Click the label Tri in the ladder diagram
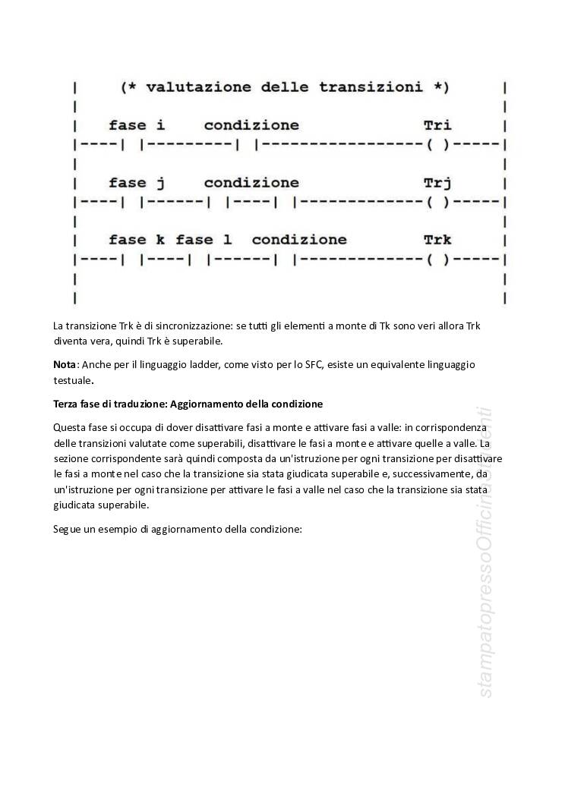point(437,125)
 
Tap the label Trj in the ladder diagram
point(437,183)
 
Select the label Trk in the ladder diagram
point(437,240)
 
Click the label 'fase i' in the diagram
point(137,125)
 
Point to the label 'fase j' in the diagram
point(137,183)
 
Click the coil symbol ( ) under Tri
point(438,144)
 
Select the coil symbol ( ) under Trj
point(438,202)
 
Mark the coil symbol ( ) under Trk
point(438,260)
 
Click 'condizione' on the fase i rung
point(251,125)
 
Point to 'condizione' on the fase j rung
point(251,183)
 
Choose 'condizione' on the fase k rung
point(299,240)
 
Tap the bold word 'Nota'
point(65,364)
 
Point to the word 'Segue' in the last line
point(68,529)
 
